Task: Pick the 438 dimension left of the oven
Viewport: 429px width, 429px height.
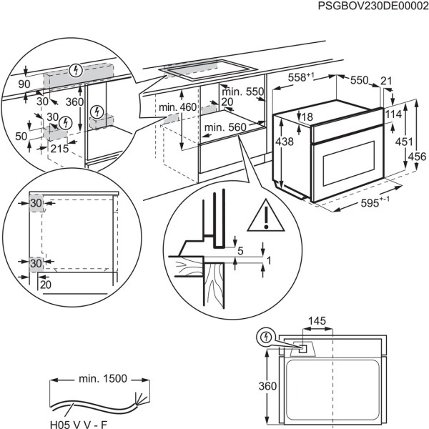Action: point(285,142)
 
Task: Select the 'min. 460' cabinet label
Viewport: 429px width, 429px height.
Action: point(177,107)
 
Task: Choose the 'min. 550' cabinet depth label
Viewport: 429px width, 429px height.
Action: point(242,92)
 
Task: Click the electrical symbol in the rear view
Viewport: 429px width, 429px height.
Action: point(266,336)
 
